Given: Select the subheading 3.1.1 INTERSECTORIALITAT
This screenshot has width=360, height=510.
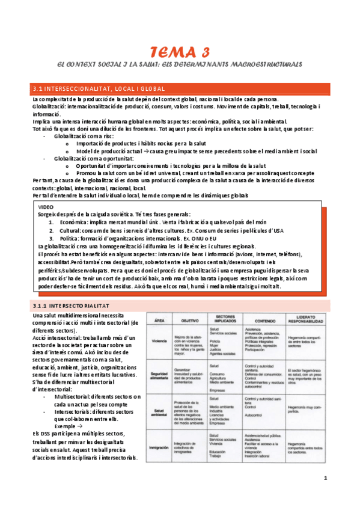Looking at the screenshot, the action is pyautogui.click(x=73, y=305).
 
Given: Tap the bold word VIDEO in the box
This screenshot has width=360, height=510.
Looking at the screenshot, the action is pyautogui.click(x=46, y=206).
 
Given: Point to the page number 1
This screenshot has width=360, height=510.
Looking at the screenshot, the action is pyautogui.click(x=325, y=478).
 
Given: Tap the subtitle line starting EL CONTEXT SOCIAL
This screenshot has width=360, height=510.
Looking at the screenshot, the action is pyautogui.click(x=180, y=63).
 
